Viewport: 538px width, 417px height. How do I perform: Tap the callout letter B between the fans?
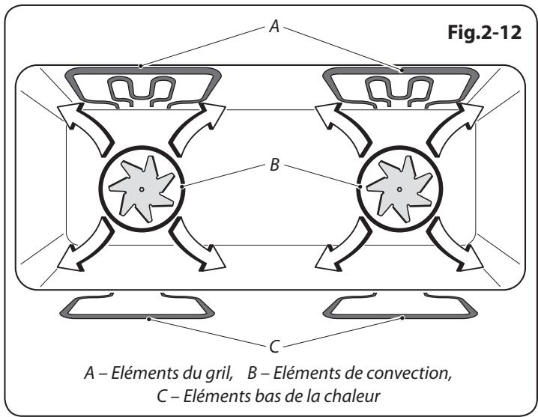pyautogui.click(x=274, y=165)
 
